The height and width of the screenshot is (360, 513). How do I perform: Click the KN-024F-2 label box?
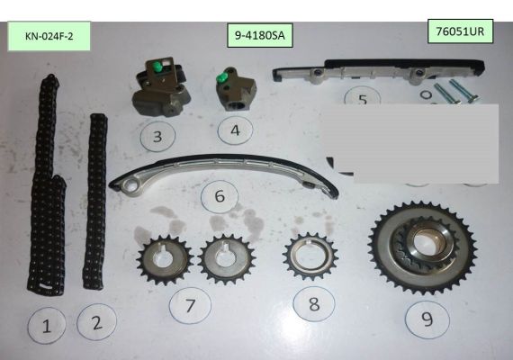tap(49, 36)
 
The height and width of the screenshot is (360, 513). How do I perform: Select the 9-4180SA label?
tap(260, 35)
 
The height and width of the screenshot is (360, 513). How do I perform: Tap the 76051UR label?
tap(460, 31)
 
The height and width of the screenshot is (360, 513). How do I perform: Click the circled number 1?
tap(47, 326)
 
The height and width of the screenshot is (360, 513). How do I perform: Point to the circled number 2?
tap(96, 322)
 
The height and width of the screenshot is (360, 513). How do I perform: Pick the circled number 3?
tap(157, 137)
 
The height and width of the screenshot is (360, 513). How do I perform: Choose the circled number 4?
tap(235, 130)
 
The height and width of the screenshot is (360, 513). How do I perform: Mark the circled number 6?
tap(220, 196)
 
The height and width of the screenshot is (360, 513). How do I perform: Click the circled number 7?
tap(190, 306)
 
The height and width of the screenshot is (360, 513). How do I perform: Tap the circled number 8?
tap(314, 304)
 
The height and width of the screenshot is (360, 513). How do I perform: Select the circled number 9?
tap(427, 319)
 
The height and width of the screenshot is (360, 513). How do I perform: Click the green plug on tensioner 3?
tap(158, 67)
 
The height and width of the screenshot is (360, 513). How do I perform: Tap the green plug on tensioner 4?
tap(221, 78)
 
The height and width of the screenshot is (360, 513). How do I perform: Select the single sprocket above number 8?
tap(310, 256)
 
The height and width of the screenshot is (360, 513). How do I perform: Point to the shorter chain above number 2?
tap(95, 202)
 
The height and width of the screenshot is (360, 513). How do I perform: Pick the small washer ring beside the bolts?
tap(426, 95)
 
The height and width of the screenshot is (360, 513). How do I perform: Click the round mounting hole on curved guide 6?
tap(130, 187)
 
